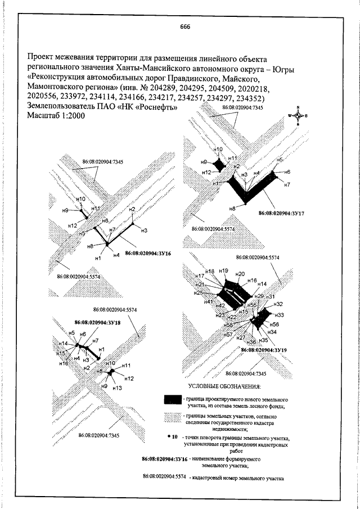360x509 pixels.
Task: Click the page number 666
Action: pyautogui.click(x=185, y=26)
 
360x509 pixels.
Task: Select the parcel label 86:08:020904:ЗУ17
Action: pyautogui.click(x=281, y=214)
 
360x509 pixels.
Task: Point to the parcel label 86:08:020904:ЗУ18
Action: pyautogui.click(x=98, y=323)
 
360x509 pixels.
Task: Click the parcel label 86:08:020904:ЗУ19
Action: pyautogui.click(x=264, y=350)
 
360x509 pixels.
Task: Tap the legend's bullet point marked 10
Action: pyautogui.click(x=168, y=436)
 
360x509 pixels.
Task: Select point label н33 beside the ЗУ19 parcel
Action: pyautogui.click(x=280, y=314)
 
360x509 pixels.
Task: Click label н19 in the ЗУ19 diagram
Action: pyautogui.click(x=223, y=271)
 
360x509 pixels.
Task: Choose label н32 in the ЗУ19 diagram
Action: pyautogui.click(x=277, y=304)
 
